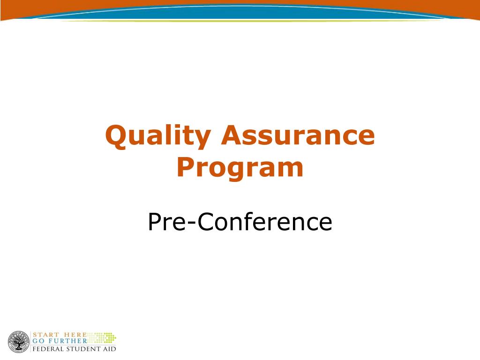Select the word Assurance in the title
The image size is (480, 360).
(299, 136)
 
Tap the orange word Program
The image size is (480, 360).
(240, 168)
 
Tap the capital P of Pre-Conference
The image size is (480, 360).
(154, 222)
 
